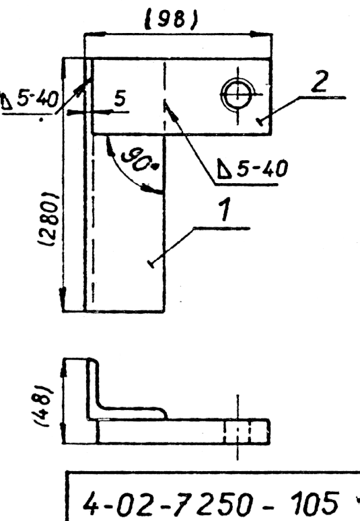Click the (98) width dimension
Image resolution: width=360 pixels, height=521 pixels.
click(172, 20)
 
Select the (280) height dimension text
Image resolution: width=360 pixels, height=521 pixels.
click(50, 219)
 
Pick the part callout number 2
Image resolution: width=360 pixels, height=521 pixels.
click(320, 81)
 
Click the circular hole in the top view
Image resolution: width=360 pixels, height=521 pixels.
click(237, 94)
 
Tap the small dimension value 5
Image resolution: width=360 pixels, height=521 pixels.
click(120, 99)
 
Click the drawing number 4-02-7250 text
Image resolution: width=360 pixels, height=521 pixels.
click(165, 502)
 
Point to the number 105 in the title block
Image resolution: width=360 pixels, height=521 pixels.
click(315, 501)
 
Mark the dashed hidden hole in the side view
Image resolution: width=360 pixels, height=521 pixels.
click(237, 431)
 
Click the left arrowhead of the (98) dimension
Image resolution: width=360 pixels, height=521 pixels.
click(95, 34)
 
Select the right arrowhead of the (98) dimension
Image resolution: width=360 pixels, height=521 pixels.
click(261, 34)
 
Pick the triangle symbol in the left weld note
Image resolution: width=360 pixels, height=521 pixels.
click(7, 102)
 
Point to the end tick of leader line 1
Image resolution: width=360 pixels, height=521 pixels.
click(151, 264)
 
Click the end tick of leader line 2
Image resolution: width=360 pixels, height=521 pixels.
click(261, 122)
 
